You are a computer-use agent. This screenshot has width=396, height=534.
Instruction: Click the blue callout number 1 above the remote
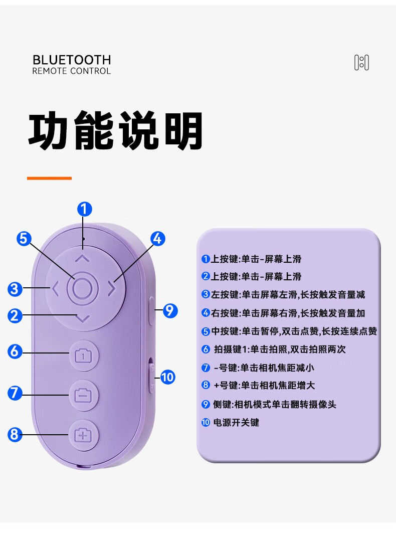click(85, 209)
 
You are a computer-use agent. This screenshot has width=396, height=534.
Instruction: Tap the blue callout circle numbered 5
click(24, 239)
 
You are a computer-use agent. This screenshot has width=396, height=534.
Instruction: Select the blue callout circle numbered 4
click(158, 239)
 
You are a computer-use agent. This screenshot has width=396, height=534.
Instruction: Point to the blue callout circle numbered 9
click(170, 310)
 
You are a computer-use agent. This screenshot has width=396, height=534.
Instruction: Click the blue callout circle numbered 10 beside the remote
click(167, 377)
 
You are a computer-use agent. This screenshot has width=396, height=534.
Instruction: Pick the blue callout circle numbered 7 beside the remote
click(15, 393)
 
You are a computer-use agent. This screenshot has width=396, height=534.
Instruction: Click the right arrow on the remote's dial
click(112, 289)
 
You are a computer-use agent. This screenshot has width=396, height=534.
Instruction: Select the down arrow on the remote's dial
click(82, 319)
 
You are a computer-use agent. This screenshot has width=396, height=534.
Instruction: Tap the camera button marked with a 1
click(83, 355)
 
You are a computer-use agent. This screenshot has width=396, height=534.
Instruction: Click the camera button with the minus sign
click(83, 395)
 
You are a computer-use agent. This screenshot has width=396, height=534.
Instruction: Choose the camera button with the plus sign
click(83, 435)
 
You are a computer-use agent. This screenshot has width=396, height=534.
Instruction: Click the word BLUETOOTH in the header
click(72, 60)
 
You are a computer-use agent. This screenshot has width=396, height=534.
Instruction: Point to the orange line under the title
click(49, 178)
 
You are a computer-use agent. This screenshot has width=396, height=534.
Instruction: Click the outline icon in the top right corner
click(361, 63)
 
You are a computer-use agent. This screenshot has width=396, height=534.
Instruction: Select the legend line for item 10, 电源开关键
click(231, 423)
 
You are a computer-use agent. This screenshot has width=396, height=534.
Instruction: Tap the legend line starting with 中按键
click(289, 331)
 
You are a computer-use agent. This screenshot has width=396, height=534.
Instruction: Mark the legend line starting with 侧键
click(269, 404)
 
